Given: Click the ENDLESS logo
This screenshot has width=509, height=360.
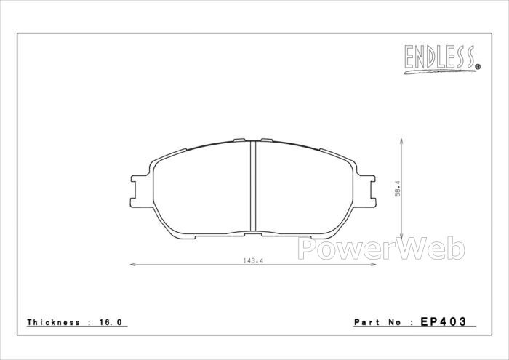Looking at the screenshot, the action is pyautogui.click(x=442, y=59).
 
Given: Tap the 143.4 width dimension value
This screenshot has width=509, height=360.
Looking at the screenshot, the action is pyautogui.click(x=252, y=260).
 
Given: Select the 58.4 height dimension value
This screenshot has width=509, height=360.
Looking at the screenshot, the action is pyautogui.click(x=398, y=188).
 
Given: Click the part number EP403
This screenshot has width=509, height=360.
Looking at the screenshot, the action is pyautogui.click(x=444, y=321).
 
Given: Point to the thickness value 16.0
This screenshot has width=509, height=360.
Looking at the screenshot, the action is pyautogui.click(x=111, y=322).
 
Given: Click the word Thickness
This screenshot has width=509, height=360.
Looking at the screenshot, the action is pyautogui.click(x=54, y=322).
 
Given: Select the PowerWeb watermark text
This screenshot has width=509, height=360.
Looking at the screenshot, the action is pyautogui.click(x=381, y=248).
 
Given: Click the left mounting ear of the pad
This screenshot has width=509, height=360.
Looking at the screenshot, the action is pyautogui.click(x=140, y=191).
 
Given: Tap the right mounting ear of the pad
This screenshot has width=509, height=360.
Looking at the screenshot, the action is pyautogui.click(x=366, y=191).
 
